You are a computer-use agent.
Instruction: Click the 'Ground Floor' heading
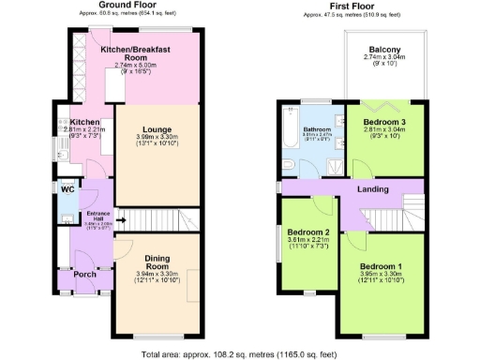tap(127, 6)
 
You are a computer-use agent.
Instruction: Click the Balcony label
tap(384, 50)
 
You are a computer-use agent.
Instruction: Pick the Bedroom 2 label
tap(308, 232)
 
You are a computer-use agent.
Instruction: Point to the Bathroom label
tap(319, 130)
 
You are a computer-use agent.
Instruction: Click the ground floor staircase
tap(159, 221)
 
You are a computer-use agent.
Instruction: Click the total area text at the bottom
tap(239, 355)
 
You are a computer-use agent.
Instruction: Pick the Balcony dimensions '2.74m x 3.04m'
tap(384, 58)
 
